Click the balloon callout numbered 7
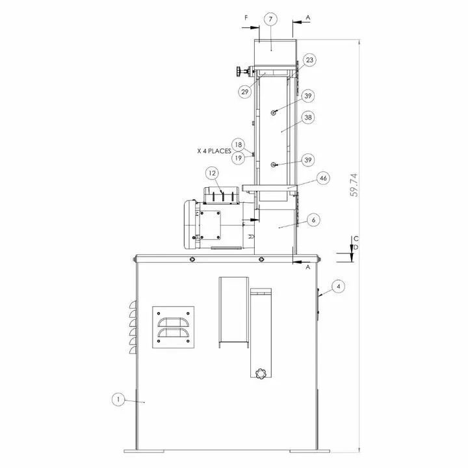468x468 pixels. click(270, 19)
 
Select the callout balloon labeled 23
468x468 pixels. click(309, 60)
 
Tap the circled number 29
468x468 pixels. click(245, 92)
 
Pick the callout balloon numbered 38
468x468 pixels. click(308, 117)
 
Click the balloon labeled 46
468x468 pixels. click(323, 178)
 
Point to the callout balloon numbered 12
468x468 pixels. click(212, 173)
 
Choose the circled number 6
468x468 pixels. click(313, 220)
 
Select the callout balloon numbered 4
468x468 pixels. click(338, 287)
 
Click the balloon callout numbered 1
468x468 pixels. click(118, 399)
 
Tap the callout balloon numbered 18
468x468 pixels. click(238, 145)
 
